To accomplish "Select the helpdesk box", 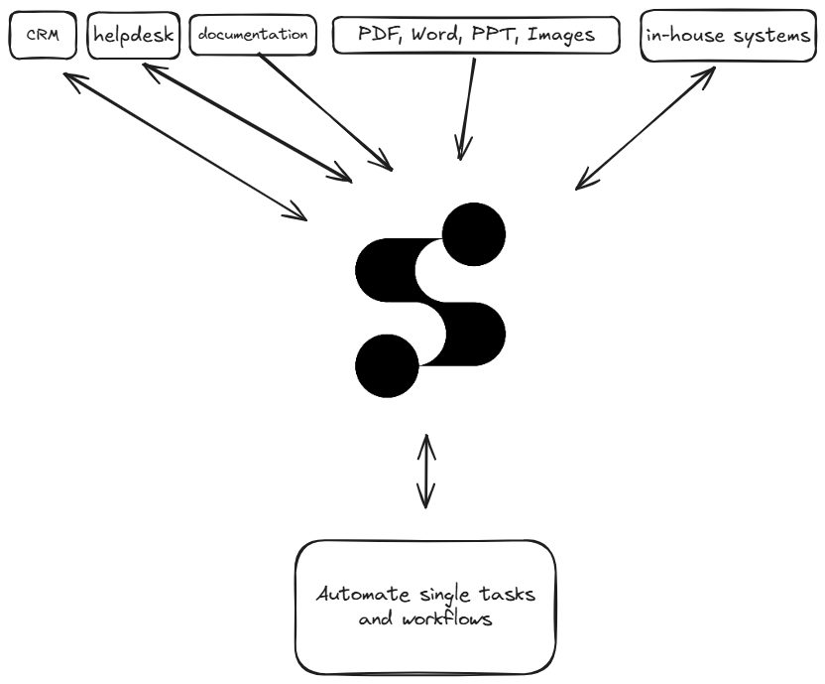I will (133, 35).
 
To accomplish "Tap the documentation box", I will (252, 35).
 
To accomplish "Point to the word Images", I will (560, 35).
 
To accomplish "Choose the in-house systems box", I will (728, 36).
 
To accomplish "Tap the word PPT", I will (499, 35).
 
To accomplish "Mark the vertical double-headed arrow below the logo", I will (425, 472).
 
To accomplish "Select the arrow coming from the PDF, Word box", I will (467, 109).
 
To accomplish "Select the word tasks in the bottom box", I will (505, 595).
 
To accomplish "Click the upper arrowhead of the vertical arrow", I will (425, 442).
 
